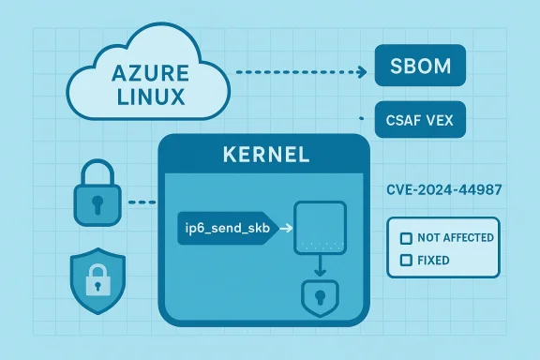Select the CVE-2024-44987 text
443,190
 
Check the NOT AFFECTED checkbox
406,237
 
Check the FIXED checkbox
406,260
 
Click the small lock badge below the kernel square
320,298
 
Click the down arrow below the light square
321,270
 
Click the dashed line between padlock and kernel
141,202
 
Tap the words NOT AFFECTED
456,237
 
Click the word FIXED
434,260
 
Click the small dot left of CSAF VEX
362,119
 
